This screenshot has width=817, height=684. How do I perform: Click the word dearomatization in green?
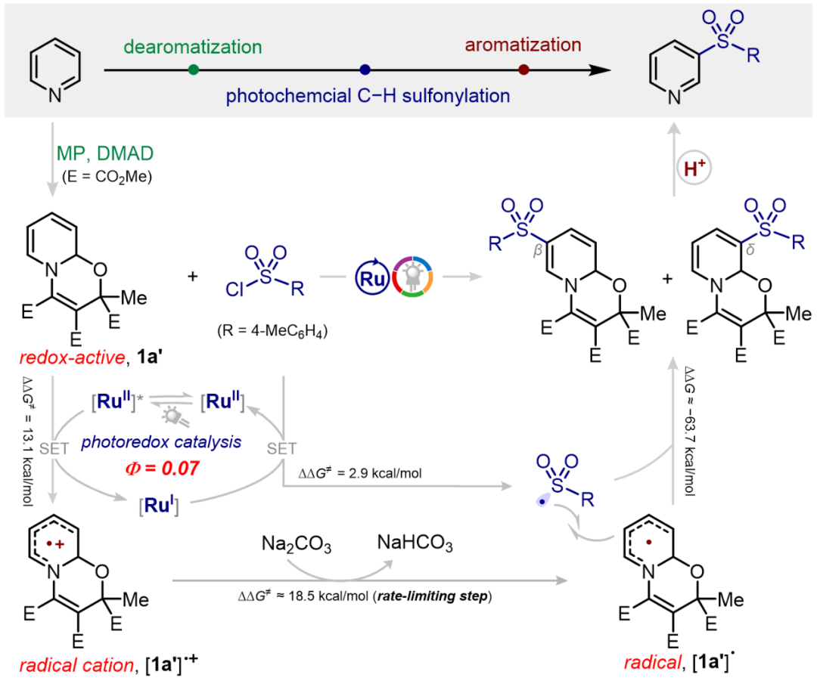tap(192, 46)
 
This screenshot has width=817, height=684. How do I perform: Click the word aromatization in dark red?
tap(523, 45)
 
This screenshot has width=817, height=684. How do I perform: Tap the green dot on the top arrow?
tap(194, 70)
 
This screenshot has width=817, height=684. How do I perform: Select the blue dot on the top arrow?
tap(365, 70)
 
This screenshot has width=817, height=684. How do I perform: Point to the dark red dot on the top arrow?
tap(523, 70)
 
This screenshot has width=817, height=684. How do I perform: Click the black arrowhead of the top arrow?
tap(598, 70)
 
